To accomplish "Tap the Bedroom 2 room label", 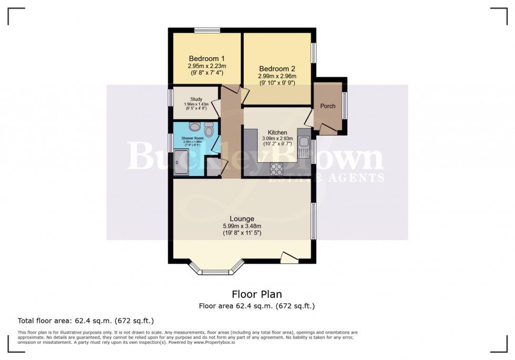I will pos(277,68).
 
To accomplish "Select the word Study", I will pos(197,99).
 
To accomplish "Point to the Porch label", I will pos(328,106).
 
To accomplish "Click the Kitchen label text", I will pos(277,132).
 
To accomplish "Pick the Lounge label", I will pos(242,219).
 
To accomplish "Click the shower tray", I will pos(181,162).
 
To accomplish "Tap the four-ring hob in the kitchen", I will pos(276,169).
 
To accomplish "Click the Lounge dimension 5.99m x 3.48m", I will pos(242,227).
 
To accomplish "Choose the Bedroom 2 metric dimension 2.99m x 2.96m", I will pos(277,76).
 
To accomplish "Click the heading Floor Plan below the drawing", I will pos(256,294).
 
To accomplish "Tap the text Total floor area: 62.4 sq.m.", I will pos(86,320).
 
